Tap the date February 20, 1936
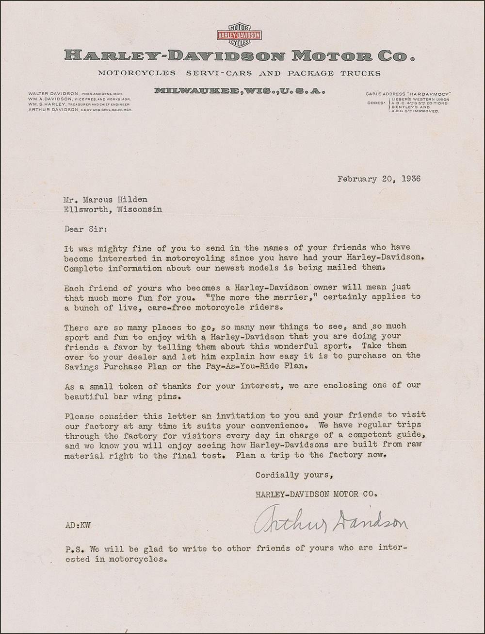(x=379, y=178)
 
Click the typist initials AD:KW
(x=78, y=525)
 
